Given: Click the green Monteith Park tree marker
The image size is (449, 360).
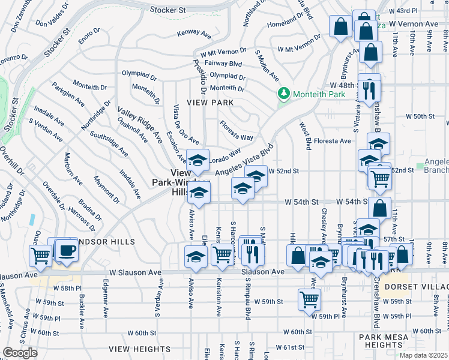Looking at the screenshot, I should [283, 94].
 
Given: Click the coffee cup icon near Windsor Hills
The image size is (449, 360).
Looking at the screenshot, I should [66, 250].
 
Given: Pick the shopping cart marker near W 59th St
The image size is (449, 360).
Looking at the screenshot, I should [309, 298].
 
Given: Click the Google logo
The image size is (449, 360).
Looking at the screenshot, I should [20, 353].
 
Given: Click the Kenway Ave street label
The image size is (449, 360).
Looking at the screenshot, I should [192, 33].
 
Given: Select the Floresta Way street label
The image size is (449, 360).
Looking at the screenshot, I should [236, 129].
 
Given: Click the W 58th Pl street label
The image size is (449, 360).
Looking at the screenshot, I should [70, 288].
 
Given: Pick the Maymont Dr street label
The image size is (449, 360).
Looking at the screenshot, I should [107, 190].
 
